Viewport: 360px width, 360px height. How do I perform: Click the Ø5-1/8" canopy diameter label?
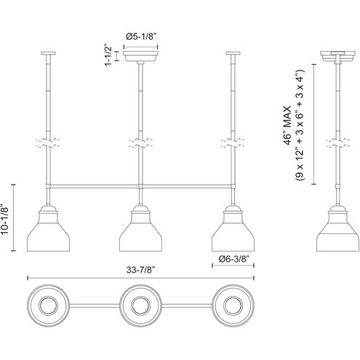(142, 36)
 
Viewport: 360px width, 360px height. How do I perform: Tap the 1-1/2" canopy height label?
(108, 55)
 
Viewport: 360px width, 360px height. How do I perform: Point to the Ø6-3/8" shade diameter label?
(233, 259)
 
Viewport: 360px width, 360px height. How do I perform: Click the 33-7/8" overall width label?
(140, 270)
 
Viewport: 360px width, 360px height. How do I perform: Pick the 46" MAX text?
(287, 125)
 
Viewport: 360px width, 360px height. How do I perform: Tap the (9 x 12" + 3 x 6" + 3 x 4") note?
(299, 125)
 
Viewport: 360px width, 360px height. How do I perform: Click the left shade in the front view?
(48, 228)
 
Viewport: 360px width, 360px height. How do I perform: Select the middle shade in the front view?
(140, 228)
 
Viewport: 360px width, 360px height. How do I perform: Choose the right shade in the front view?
(233, 228)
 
